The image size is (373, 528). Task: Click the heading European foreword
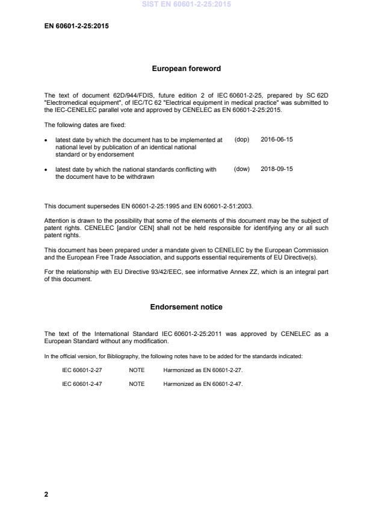pos(186,69)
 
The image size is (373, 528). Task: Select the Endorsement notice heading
pos(186,307)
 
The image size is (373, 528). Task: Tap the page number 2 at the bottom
pos(46,494)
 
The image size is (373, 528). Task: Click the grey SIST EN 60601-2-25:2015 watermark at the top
pos(186,4)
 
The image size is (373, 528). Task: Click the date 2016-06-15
pos(277,139)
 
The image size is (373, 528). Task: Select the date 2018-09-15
pos(277,169)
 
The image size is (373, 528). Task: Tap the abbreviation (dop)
pos(241,139)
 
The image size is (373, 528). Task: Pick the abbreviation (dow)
pos(241,169)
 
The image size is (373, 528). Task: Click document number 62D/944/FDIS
pos(124,96)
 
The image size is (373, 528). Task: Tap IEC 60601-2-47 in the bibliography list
pos(82,384)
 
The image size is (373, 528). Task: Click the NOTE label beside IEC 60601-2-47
pos(137,384)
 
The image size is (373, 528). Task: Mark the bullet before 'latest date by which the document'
pos(47,140)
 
